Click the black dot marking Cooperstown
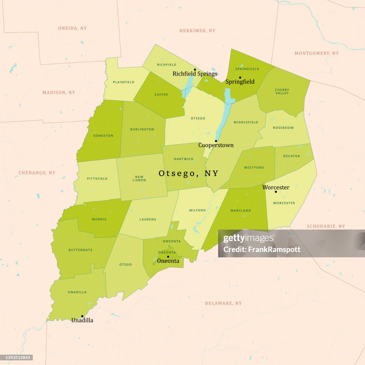click(x=216, y=141)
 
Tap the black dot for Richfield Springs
click(x=195, y=70)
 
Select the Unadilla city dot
click(x=82, y=316)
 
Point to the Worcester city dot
click(x=276, y=192)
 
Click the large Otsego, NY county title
click(x=188, y=173)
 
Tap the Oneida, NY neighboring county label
click(x=72, y=28)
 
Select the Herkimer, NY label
click(x=197, y=31)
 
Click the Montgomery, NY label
click(x=317, y=53)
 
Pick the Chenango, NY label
click(x=37, y=173)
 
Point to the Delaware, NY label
click(x=223, y=303)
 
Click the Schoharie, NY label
click(x=326, y=226)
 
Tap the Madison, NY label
click(x=59, y=93)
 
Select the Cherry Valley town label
click(x=282, y=92)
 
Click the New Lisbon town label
click(x=139, y=178)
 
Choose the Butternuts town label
click(x=80, y=250)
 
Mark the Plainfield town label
click(x=124, y=82)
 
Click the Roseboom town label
click(x=283, y=128)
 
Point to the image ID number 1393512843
click(x=16, y=357)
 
